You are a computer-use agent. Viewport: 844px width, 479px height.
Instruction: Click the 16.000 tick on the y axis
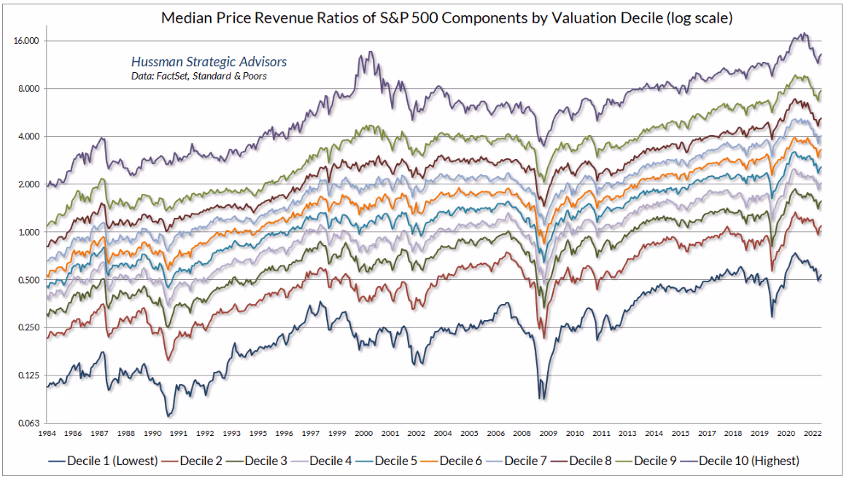click(x=25, y=42)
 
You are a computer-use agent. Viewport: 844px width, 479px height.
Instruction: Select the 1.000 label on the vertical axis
click(x=27, y=233)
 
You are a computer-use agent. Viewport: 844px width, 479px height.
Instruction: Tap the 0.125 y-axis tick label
click(x=27, y=375)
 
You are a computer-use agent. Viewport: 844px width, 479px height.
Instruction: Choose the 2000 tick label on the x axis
click(x=364, y=432)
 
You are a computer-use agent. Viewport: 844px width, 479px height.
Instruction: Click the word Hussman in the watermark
click(x=155, y=62)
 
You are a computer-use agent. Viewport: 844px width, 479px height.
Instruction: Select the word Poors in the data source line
click(x=252, y=76)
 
